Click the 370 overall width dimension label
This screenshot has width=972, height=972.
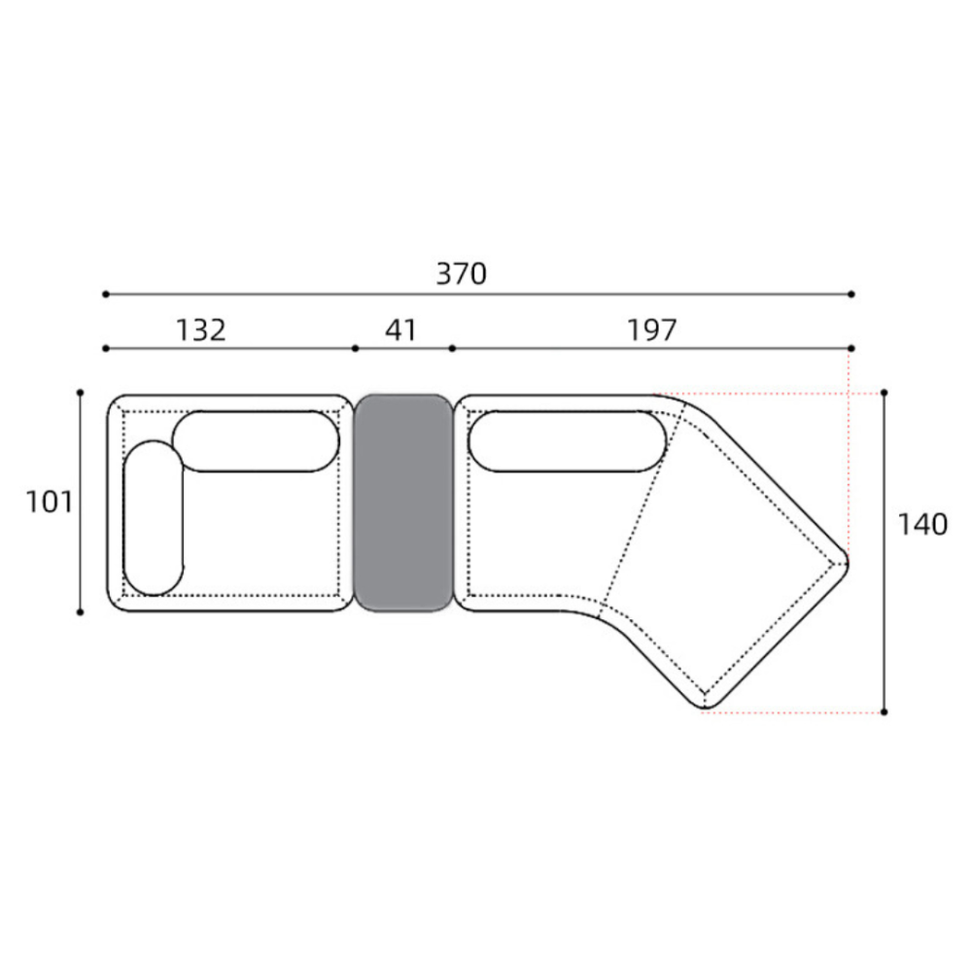[x=461, y=274]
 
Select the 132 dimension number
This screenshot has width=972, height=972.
[x=201, y=330]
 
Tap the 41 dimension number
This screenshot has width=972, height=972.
[x=401, y=330]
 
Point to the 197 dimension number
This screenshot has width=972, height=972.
[x=651, y=330]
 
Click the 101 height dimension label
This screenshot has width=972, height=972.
[x=49, y=502]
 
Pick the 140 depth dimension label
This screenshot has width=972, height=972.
[x=922, y=525]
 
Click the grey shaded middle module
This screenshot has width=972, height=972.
[x=403, y=503]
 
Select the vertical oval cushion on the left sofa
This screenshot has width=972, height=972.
[x=154, y=518]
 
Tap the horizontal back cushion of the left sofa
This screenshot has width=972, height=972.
[x=256, y=441]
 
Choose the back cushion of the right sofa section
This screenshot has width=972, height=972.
[x=568, y=441]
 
